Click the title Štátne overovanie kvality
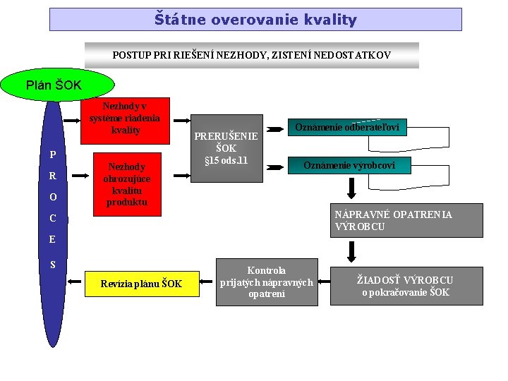(255, 20)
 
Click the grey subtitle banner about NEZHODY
(252, 55)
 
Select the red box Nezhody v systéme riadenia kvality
(125, 118)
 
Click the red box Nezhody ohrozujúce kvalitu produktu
(125, 184)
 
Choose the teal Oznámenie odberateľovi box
(346, 128)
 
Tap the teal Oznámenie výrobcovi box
(349, 166)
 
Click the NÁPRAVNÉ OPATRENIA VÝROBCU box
(408, 220)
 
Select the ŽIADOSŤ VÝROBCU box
(406, 286)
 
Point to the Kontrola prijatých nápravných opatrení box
(266, 282)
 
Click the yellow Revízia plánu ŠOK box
(140, 284)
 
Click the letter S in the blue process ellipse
(52, 265)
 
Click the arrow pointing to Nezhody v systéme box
(72, 120)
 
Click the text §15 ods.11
(226, 161)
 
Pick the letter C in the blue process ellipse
(52, 219)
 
